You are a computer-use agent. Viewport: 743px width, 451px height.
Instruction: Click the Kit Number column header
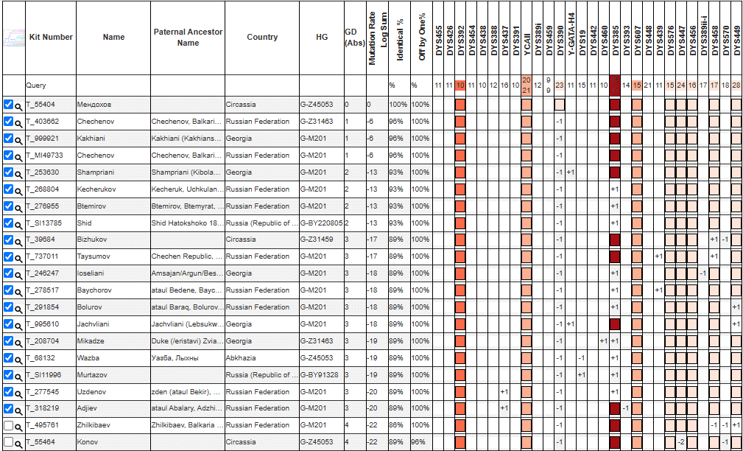pos(51,37)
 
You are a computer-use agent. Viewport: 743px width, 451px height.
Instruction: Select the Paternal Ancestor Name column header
pos(188,37)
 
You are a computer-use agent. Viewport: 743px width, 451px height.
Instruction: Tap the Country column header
pos(262,37)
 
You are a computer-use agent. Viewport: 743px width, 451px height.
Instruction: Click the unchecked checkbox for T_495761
pos(8,425)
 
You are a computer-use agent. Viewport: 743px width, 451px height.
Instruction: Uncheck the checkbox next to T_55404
pos(8,104)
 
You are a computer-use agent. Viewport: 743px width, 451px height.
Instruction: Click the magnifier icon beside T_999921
pos(18,139)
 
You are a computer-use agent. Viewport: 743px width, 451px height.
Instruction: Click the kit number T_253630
pos(43,172)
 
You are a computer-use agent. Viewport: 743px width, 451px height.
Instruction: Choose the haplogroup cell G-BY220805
pos(322,223)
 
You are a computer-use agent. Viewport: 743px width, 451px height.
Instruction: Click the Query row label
pos(36,85)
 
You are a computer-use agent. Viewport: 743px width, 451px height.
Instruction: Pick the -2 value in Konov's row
pos(681,442)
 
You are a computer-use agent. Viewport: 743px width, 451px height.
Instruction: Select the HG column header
pos(322,37)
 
